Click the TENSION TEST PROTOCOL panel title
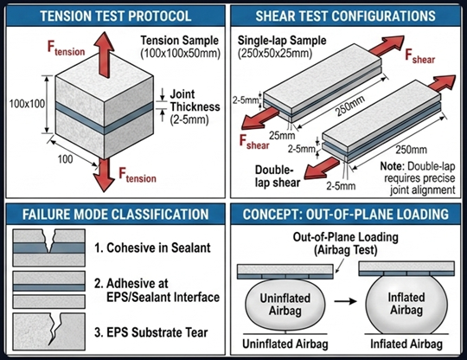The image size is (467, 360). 116,16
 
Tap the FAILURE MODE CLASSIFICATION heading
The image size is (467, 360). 116,214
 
